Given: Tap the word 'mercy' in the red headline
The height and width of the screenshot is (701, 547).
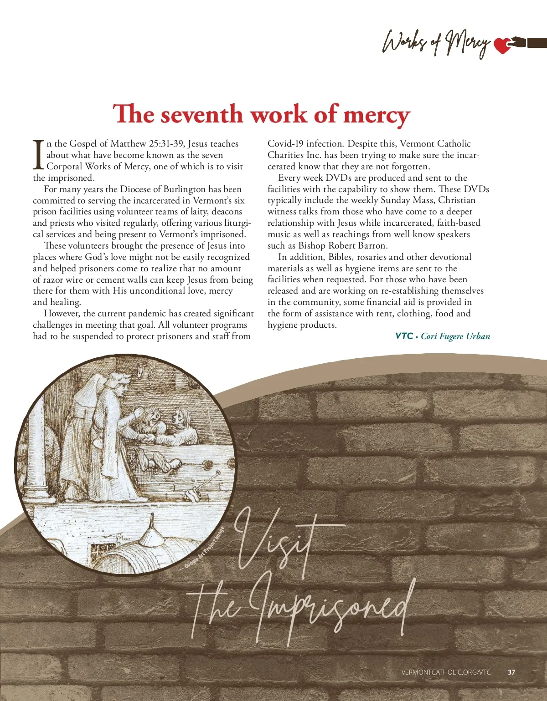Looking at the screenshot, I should pyautogui.click(x=377, y=114).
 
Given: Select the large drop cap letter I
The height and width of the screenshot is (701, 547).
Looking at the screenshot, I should pyautogui.click(x=39, y=154).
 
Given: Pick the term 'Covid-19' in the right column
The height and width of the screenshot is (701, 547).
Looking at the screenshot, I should pyautogui.click(x=285, y=144).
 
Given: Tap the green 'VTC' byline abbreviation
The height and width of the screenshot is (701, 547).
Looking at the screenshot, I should pyautogui.click(x=404, y=336).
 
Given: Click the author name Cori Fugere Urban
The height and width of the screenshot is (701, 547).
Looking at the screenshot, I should pyautogui.click(x=455, y=336).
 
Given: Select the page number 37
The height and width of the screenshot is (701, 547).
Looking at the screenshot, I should pyautogui.click(x=511, y=672).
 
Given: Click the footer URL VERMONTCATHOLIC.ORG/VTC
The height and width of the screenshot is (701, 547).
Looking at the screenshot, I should pyautogui.click(x=446, y=672).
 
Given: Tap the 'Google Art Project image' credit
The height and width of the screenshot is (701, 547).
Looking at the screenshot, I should pyautogui.click(x=204, y=548).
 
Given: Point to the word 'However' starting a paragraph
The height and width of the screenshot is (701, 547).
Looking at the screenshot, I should pyautogui.click(x=62, y=314).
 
